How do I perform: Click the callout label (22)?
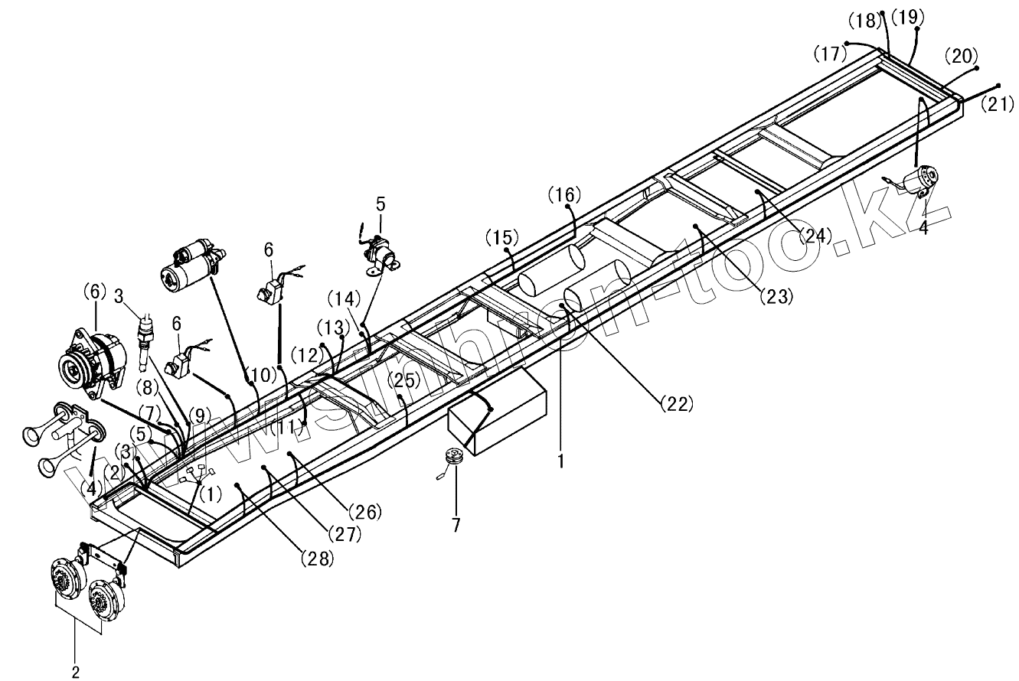677,401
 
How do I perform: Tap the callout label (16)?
564,195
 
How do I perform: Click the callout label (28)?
317,559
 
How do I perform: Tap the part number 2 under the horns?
75,673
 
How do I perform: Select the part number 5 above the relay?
380,204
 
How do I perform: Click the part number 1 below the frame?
561,461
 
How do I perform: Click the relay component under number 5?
380,252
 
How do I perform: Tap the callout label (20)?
961,56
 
